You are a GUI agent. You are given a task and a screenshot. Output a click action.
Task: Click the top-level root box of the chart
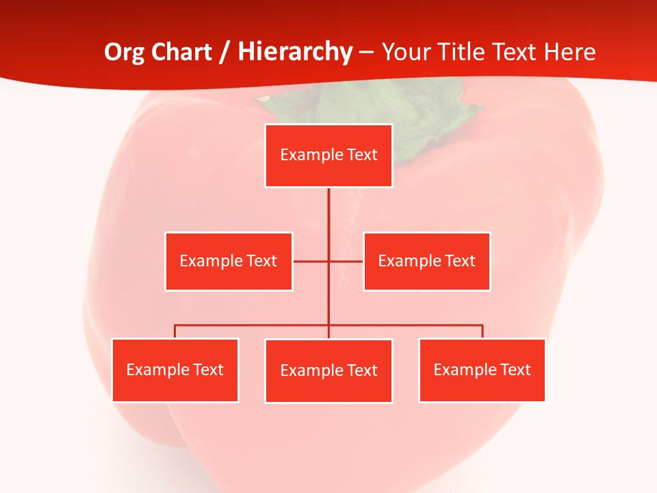[328, 155]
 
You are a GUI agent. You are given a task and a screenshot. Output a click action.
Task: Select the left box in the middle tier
[229, 261]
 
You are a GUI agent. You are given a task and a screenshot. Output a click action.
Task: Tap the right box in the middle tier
[426, 261]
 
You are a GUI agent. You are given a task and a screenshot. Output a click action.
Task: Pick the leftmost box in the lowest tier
[175, 370]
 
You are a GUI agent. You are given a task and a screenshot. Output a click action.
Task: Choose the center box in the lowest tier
[328, 370]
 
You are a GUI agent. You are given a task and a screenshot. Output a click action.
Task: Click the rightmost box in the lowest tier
[482, 370]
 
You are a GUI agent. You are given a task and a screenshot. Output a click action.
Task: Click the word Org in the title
[125, 52]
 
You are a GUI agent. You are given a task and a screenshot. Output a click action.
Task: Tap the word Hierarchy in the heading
[295, 52]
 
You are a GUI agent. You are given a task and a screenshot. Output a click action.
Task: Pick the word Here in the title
[569, 52]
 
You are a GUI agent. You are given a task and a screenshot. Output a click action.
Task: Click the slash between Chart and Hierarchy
[224, 52]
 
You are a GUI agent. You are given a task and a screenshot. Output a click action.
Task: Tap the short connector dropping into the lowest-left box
[175, 331]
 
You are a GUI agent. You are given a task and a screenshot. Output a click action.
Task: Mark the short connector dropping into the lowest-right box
[482, 331]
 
